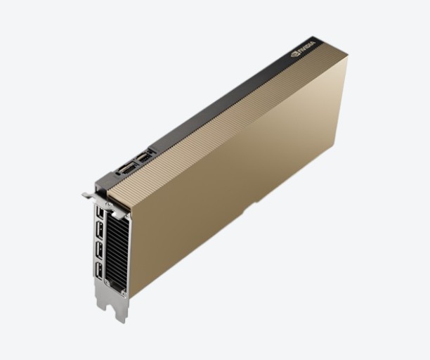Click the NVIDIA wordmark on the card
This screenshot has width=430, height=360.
point(307,46)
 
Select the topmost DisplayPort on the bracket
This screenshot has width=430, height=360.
point(99,212)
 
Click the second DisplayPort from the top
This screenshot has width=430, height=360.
point(99,230)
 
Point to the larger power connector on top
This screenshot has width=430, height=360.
point(126,169)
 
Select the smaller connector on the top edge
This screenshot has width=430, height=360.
point(143,157)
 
